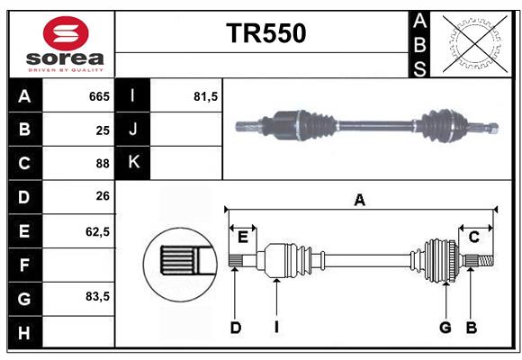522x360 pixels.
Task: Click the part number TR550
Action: click(x=265, y=33)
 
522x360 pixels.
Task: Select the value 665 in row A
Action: click(x=99, y=96)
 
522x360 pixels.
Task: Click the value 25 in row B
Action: click(x=103, y=130)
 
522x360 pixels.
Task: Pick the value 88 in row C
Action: click(x=103, y=163)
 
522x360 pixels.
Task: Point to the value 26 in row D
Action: click(x=103, y=196)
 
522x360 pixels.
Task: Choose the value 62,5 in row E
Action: click(x=97, y=230)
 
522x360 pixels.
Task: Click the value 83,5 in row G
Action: click(x=97, y=296)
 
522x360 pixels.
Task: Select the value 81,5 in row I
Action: click(x=206, y=96)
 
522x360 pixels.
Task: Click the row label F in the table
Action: click(x=24, y=265)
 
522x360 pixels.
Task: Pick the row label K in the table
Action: click(x=133, y=163)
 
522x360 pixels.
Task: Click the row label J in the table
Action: click(x=133, y=130)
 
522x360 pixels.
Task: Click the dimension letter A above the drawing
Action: click(x=359, y=200)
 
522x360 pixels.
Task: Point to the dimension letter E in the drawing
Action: click(x=242, y=237)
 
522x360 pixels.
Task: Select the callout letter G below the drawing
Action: click(x=445, y=328)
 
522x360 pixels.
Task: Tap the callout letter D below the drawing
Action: click(x=235, y=328)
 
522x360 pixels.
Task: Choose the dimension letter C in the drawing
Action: click(x=473, y=237)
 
